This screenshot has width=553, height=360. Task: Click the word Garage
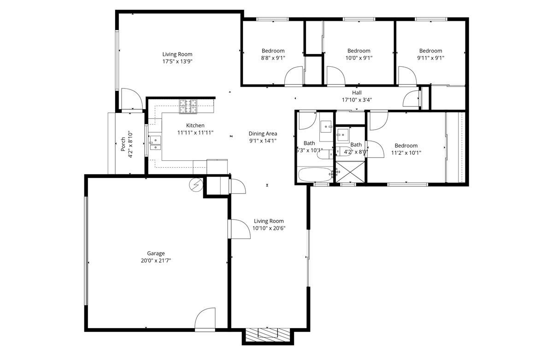pos(156,253)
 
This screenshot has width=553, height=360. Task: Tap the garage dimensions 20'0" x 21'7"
pos(156,260)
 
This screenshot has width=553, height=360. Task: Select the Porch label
pos(123,144)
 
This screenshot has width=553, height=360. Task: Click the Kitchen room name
pos(195,125)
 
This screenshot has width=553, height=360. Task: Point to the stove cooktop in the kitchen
pos(188,107)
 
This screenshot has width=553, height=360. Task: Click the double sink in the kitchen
pos(155,144)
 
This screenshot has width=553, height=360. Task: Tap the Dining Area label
pos(262,134)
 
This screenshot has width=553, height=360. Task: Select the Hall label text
pos(357,93)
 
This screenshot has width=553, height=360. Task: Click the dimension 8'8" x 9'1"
pos(273,58)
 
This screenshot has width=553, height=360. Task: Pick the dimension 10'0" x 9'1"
pos(359,58)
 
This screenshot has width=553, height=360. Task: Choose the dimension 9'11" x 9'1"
pos(430,58)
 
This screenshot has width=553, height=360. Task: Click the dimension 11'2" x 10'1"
pos(406,153)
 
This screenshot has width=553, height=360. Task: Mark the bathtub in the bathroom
pos(314,175)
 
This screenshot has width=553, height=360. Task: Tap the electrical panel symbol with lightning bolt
pos(195,185)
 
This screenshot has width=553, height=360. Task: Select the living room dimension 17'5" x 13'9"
pos(177,61)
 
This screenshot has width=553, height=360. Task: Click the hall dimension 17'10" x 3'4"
pos(357,100)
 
